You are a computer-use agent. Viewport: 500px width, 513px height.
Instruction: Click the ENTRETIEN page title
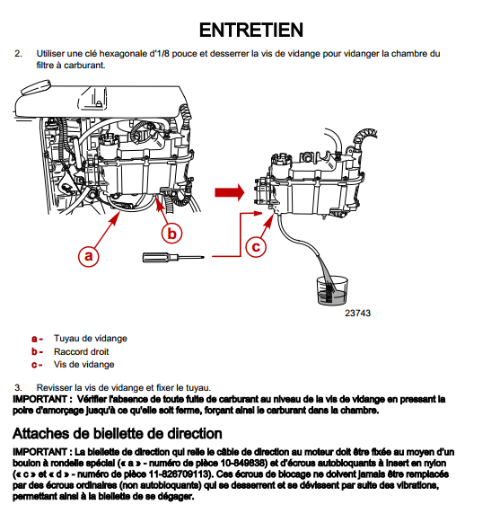tap(251, 31)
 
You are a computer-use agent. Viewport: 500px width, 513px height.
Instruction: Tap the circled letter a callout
tap(88, 256)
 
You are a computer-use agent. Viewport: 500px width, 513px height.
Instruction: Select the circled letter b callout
tap(171, 234)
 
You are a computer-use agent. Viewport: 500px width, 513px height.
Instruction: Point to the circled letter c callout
tap(256, 246)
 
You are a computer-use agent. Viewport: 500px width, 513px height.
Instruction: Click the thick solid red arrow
tap(230, 192)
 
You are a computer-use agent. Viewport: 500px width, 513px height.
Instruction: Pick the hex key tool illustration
tap(173, 258)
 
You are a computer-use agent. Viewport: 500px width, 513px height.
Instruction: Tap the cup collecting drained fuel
tap(332, 290)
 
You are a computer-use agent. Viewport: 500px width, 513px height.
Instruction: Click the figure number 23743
tap(357, 313)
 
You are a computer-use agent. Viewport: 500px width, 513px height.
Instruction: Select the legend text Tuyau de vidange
tap(90, 339)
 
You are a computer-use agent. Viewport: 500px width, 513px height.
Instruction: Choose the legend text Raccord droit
tap(81, 351)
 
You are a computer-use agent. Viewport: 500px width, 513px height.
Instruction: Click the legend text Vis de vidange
tap(84, 365)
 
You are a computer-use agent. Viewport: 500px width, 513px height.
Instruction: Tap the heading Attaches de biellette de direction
tap(118, 434)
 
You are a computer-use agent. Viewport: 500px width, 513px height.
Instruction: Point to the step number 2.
tap(18, 54)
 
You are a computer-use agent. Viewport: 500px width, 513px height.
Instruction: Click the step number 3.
tap(18, 388)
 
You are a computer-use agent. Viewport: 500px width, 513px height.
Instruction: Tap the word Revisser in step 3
tap(54, 388)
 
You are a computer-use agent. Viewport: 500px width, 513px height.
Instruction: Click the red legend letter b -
tap(38, 351)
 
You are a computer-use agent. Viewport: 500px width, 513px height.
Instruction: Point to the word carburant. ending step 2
tap(84, 66)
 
